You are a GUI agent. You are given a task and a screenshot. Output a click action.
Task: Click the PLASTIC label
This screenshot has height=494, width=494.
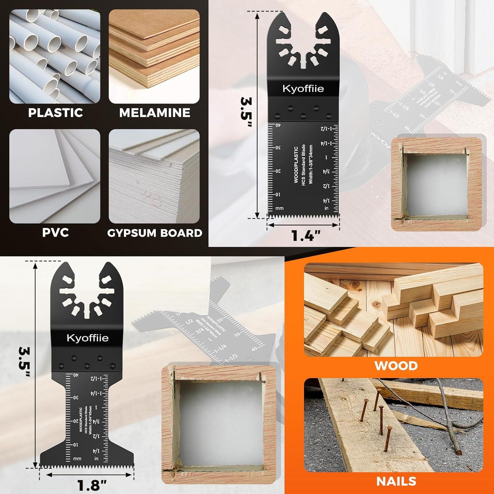coord(55,113)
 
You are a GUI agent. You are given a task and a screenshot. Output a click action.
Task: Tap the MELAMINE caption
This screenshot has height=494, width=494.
coord(154,113)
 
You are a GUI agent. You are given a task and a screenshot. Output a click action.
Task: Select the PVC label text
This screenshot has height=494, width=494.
coord(55,233)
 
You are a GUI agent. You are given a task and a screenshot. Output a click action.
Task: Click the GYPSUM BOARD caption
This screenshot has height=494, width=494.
coord(154,233)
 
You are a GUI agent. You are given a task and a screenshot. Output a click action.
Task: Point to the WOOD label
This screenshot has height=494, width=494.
coord(396,366)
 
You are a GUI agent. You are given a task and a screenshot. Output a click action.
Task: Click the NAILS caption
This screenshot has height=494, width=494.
coord(396,481)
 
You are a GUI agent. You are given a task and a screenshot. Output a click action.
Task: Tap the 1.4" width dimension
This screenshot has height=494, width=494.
coord(306,236)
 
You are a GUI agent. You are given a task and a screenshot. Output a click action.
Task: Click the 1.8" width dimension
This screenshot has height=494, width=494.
coord(92,485)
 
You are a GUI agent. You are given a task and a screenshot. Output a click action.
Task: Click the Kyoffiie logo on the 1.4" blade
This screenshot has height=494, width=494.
coord(303,89)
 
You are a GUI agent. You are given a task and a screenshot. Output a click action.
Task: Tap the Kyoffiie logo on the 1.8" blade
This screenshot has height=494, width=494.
coord(87,338)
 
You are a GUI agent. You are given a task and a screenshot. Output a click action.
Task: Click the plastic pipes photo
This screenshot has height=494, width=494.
coord(55,56)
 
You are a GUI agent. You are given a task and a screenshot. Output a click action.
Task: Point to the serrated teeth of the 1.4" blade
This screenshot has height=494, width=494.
coord(303,216)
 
